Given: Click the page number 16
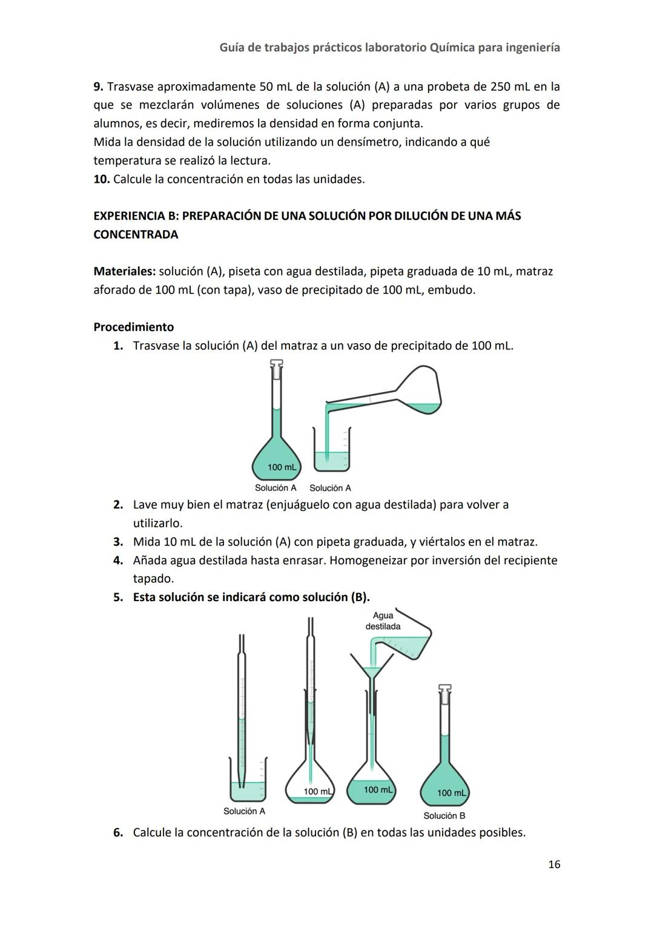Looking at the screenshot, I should (553, 864).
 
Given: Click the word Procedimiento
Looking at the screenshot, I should (133, 327).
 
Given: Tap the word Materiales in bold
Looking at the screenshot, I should (124, 271).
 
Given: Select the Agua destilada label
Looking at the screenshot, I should (383, 621).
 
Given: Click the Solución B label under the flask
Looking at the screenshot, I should (444, 815).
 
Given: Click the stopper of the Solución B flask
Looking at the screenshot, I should (444, 690).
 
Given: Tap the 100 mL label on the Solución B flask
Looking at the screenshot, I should (451, 793).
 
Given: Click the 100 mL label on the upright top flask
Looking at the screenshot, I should (282, 467).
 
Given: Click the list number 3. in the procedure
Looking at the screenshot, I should (118, 542).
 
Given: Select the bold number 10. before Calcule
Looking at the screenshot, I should (101, 179).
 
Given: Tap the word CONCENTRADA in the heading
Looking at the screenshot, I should (136, 235).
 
